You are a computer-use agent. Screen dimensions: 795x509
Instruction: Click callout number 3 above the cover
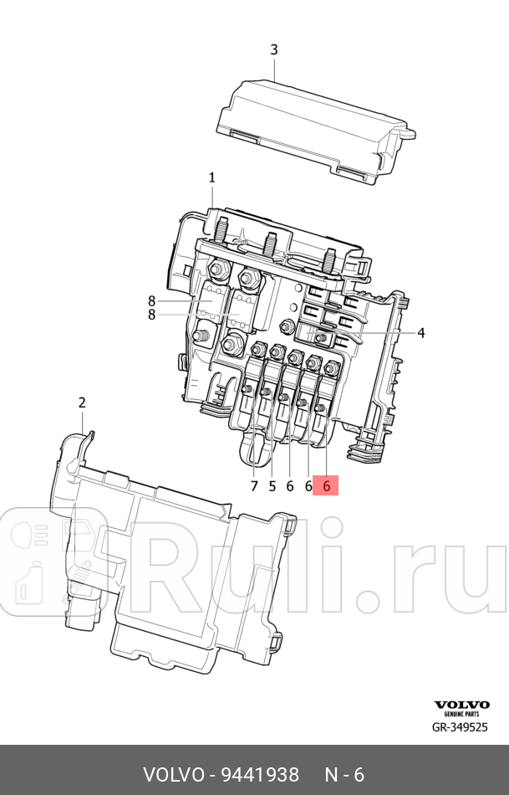274,50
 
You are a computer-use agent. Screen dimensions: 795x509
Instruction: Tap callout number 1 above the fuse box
212,177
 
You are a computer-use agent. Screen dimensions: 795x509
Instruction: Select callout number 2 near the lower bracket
82,403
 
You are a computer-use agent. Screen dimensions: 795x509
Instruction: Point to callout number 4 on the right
421,333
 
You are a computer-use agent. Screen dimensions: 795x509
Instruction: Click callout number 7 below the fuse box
254,485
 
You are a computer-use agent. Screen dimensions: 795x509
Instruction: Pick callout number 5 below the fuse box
272,485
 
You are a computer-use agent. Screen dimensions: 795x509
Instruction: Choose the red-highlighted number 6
326,485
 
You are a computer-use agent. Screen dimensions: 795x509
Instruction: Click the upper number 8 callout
152,301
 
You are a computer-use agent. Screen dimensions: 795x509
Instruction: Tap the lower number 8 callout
152,315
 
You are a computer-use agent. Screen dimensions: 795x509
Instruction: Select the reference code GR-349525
458,727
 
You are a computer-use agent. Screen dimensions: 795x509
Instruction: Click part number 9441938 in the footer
259,775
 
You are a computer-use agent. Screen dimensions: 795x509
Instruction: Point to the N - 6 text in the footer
344,775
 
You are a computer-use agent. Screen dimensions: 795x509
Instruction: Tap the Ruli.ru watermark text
326,569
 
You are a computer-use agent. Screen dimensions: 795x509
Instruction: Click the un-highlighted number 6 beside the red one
308,485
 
